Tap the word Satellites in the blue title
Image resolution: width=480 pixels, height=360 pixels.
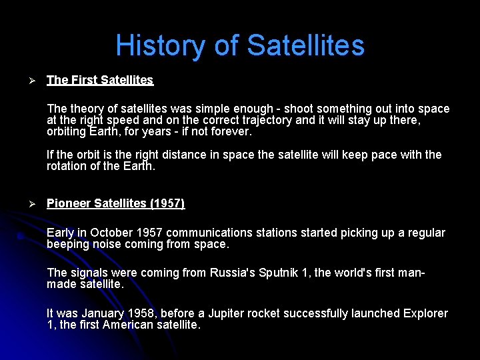point(305,46)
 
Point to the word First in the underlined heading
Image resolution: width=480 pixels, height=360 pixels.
point(84,80)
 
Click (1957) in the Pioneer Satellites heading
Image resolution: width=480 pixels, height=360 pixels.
point(167,203)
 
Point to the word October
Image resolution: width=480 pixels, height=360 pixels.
point(111,233)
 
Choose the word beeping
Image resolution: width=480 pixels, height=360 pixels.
point(68,244)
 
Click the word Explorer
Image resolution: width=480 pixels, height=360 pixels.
point(421,313)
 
